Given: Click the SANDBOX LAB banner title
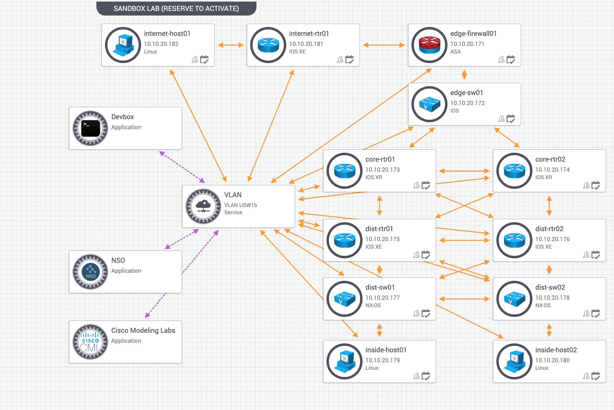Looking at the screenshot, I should (x=176, y=9).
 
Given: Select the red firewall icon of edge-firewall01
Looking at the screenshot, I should (x=429, y=45).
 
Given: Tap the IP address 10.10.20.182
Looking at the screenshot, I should (x=161, y=44).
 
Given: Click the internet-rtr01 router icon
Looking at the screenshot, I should (x=268, y=45).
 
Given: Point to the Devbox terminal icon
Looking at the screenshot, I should (x=90, y=128).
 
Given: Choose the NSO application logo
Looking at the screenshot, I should (x=90, y=272).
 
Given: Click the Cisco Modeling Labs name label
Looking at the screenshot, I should (x=143, y=330).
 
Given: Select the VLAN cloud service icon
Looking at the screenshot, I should (x=203, y=206).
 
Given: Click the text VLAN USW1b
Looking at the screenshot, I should (x=240, y=205).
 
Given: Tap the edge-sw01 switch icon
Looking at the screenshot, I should (x=429, y=104).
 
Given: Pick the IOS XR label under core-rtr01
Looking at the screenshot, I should (x=374, y=177).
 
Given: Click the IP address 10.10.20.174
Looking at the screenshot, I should (x=552, y=170).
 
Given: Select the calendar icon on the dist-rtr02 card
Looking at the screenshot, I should (x=596, y=255).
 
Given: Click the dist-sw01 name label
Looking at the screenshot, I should (x=380, y=287).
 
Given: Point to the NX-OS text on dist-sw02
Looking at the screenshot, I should (x=543, y=305).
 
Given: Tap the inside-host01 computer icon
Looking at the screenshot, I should (x=345, y=361).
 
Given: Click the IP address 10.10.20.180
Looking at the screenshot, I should (x=552, y=360).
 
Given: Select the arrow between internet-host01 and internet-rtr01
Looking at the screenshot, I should (x=231, y=45).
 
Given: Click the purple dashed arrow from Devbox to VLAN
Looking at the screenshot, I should (x=182, y=167).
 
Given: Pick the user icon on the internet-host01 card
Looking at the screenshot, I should (x=195, y=59).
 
